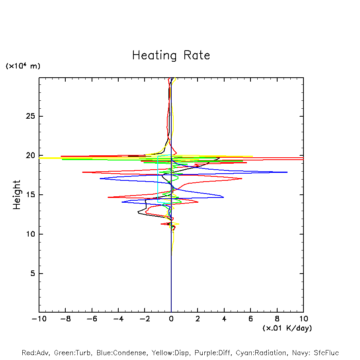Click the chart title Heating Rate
(171, 55)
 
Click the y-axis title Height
(17, 195)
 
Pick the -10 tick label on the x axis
(39, 319)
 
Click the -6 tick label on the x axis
(92, 319)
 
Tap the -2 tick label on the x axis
(145, 319)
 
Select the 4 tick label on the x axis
(224, 319)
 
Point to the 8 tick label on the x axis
(277, 319)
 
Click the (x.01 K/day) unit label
(287, 328)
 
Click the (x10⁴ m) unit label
(23, 66)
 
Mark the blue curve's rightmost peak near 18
(287, 172)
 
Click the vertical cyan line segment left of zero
(158, 179)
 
